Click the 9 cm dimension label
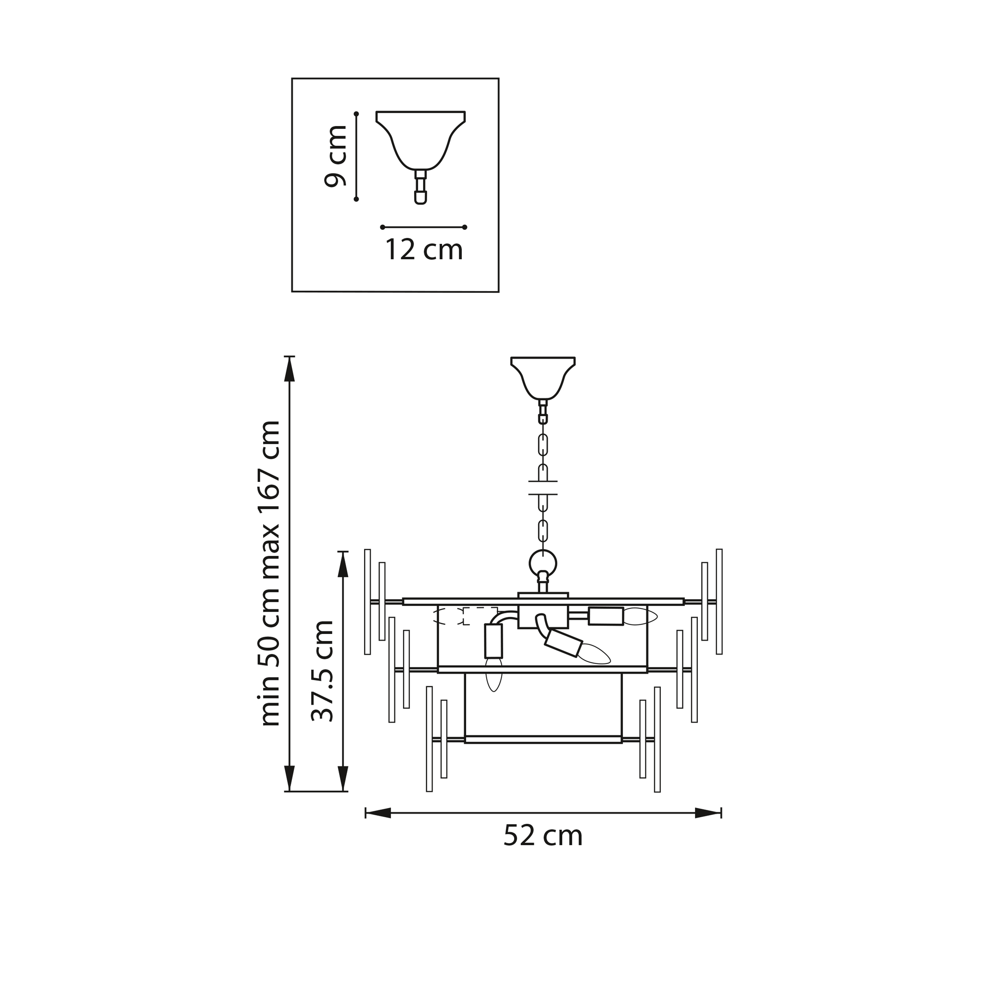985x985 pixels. pyautogui.click(x=336, y=155)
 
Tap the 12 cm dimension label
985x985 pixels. pyautogui.click(x=424, y=250)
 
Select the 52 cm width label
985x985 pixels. pyautogui.click(x=543, y=835)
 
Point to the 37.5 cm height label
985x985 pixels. pyautogui.click(x=322, y=670)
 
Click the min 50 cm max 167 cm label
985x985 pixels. pyautogui.click(x=269, y=574)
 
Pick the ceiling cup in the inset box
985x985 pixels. pyautogui.click(x=421, y=140)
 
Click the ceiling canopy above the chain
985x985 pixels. pyautogui.click(x=543, y=378)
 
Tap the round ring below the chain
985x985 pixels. pyautogui.click(x=543, y=564)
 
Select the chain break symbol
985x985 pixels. pyautogui.click(x=543, y=488)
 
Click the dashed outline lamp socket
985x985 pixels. pyautogui.click(x=465, y=616)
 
